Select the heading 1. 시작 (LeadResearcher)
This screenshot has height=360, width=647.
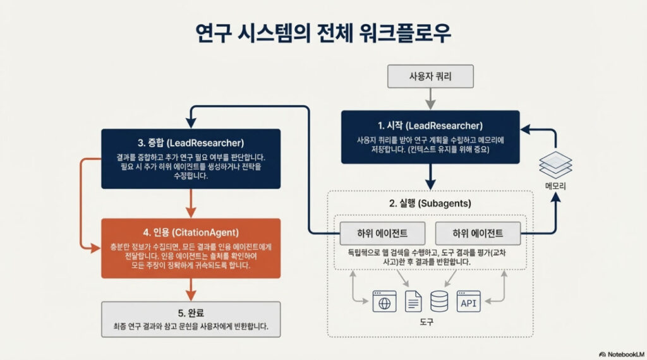[x=430, y=126]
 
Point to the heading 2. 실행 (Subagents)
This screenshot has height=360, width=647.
[x=430, y=203]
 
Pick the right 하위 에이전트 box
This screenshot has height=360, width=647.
[x=478, y=233]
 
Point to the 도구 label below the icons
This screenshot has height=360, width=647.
[x=427, y=323]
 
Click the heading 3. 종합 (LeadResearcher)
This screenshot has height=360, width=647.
[x=191, y=142]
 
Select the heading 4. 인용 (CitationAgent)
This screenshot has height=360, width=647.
[x=191, y=231]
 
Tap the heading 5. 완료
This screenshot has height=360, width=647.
[x=191, y=313]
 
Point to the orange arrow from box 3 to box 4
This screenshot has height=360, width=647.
[x=191, y=203]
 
